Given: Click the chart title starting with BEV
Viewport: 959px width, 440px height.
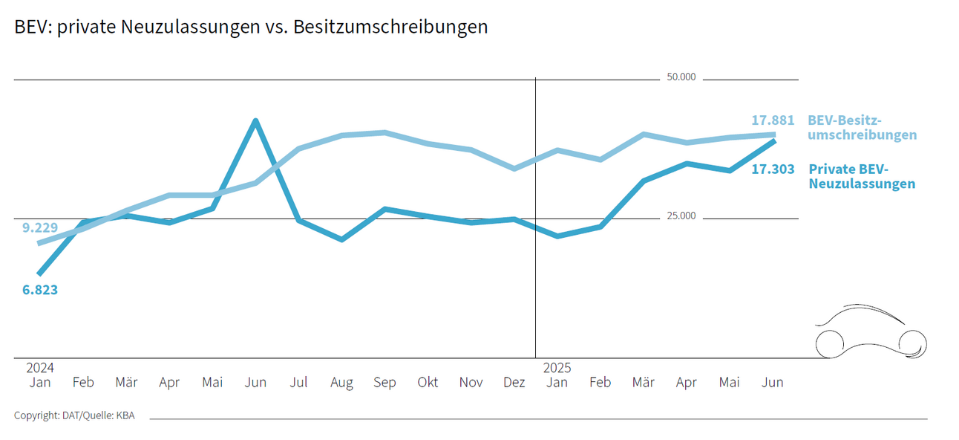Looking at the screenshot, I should (x=251, y=27).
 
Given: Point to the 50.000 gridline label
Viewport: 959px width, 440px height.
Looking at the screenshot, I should (x=681, y=77).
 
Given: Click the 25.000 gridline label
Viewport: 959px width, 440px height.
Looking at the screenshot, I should (x=681, y=216).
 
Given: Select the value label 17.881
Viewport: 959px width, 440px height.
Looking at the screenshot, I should (x=772, y=120).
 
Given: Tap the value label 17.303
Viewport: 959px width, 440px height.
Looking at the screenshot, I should (x=772, y=169).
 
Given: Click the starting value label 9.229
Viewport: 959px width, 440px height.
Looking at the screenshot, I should (x=40, y=227).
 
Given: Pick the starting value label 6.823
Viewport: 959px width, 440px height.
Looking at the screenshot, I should (x=40, y=290).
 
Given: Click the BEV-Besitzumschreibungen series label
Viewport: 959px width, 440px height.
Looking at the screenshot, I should (x=862, y=128).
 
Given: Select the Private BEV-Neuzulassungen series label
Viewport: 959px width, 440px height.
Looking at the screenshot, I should (x=861, y=176).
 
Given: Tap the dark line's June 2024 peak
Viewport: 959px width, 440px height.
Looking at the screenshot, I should (x=255, y=120).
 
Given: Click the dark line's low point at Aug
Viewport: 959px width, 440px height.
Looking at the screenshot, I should (x=341, y=239).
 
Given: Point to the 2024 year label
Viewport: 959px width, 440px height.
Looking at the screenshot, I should (x=40, y=368).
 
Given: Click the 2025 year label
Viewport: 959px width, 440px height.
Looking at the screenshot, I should (x=557, y=368).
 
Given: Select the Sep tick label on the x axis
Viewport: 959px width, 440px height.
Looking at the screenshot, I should (x=384, y=382).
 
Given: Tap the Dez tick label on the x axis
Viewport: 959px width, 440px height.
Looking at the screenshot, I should (x=514, y=382).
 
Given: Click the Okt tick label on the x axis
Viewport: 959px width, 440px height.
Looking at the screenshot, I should (x=428, y=382).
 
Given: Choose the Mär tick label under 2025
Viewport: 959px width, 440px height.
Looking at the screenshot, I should (x=643, y=382).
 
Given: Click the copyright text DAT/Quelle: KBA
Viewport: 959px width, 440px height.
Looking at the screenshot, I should (x=74, y=415).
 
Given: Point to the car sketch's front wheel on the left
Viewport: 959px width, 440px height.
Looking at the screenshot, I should (x=830, y=343).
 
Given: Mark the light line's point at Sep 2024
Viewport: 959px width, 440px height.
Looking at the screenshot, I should (x=384, y=132).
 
